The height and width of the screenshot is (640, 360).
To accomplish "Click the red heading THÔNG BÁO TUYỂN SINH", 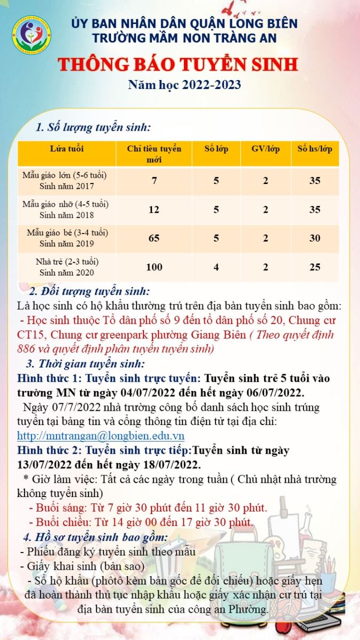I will pyautogui.click(x=178, y=65).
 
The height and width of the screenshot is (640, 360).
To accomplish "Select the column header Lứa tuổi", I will pyautogui.click(x=67, y=149).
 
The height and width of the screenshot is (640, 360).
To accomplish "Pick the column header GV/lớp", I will pyautogui.click(x=266, y=149).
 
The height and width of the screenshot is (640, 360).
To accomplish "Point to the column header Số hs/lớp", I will pyautogui.click(x=315, y=149).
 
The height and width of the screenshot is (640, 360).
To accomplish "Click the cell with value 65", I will pyautogui.click(x=154, y=238).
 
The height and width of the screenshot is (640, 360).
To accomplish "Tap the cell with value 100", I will pyautogui.click(x=154, y=267).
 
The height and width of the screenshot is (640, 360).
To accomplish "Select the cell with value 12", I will pyautogui.click(x=154, y=210).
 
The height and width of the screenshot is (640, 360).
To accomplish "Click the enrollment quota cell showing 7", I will pyautogui.click(x=154, y=181).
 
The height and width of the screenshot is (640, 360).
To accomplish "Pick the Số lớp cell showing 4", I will pyautogui.click(x=216, y=267).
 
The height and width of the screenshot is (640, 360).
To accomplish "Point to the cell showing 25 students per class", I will pyautogui.click(x=315, y=267).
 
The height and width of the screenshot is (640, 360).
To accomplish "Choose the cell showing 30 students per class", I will pyautogui.click(x=315, y=238).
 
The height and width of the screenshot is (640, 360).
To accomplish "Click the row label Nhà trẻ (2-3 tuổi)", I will pyautogui.click(x=67, y=262).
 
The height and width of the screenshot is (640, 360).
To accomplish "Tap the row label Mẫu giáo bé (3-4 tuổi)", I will pyautogui.click(x=67, y=233).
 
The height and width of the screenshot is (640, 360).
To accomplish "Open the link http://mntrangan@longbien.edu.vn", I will pyautogui.click(x=101, y=436).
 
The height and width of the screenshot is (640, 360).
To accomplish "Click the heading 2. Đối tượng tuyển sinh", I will pyautogui.click(x=89, y=292).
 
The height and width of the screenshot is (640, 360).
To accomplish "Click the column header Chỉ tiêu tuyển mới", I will pyautogui.click(x=154, y=154).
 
